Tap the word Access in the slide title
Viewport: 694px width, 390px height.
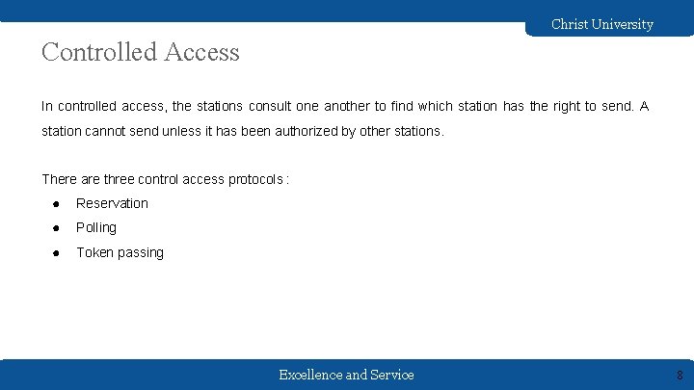pyautogui.click(x=201, y=52)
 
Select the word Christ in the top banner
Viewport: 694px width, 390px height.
pyautogui.click(x=570, y=24)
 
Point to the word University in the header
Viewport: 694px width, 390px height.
pyautogui.click(x=623, y=24)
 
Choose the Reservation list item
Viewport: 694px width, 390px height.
pyautogui.click(x=113, y=203)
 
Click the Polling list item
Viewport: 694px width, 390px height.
pyautogui.click(x=96, y=227)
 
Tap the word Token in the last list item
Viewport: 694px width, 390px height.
pyautogui.click(x=94, y=252)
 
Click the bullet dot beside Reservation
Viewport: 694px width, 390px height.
pyautogui.click(x=58, y=203)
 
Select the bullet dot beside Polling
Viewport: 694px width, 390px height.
pyautogui.click(x=58, y=228)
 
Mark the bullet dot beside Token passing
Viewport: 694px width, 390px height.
pyautogui.click(x=58, y=252)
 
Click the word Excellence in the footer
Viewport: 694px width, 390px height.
pyautogui.click(x=309, y=375)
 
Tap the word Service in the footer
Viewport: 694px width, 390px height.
pyautogui.click(x=391, y=375)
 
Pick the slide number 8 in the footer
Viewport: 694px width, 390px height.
pyautogui.click(x=680, y=376)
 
